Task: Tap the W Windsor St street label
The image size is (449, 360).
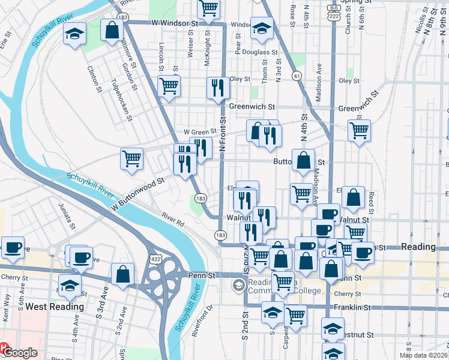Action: click(x=174, y=23)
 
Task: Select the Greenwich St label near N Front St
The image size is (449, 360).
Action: click(x=252, y=107)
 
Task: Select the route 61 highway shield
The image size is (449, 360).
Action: click(x=297, y=76)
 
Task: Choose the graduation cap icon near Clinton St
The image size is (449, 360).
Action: click(x=75, y=34)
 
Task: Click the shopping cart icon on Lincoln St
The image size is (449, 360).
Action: click(x=169, y=86)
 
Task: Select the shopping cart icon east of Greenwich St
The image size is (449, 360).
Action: click(x=359, y=129)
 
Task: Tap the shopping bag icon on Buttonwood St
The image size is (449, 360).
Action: click(x=304, y=160)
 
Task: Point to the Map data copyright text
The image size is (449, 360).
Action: click(x=423, y=355)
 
